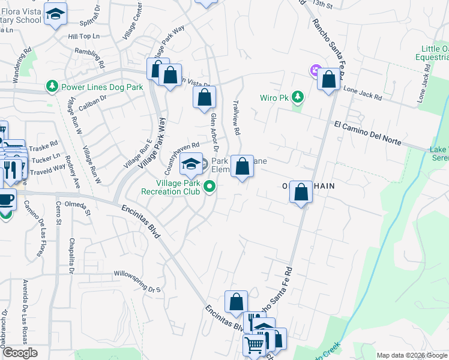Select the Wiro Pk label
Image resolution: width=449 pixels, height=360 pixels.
click(274, 97)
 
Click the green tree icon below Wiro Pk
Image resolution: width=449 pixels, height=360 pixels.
click(297, 97)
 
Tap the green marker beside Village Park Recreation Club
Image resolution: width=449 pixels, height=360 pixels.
click(209, 187)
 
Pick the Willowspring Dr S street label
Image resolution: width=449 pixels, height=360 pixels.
click(139, 280)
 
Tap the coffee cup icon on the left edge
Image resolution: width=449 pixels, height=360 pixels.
click(5, 200)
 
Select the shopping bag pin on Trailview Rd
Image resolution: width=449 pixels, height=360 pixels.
click(242, 167)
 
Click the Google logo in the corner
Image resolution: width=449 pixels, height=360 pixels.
click(19, 353)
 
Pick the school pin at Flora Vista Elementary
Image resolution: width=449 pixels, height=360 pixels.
click(56, 15)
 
